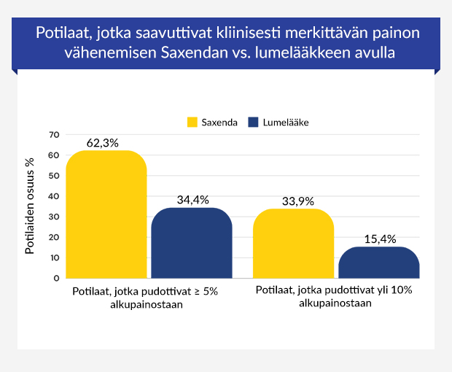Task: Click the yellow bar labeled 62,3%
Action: pyautogui.click(x=106, y=214)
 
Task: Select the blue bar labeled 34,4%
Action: pyautogui.click(x=191, y=243)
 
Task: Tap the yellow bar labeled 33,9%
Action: pyautogui.click(x=293, y=243)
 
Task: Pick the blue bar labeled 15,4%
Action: pyautogui.click(x=378, y=263)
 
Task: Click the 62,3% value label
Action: pyautogui.click(x=102, y=143)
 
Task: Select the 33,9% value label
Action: pyautogui.click(x=294, y=201)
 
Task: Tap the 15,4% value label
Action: pyautogui.click(x=378, y=239)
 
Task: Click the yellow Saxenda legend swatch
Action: pyautogui.click(x=192, y=122)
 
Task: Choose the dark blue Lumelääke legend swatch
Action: pyautogui.click(x=254, y=122)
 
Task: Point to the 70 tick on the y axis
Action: pyautogui.click(x=53, y=135)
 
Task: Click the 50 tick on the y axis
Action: pyautogui.click(x=53, y=176)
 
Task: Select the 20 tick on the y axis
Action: pyautogui.click(x=53, y=237)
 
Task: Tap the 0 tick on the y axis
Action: pyautogui.click(x=55, y=278)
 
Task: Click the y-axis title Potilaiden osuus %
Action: pyautogui.click(x=31, y=206)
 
